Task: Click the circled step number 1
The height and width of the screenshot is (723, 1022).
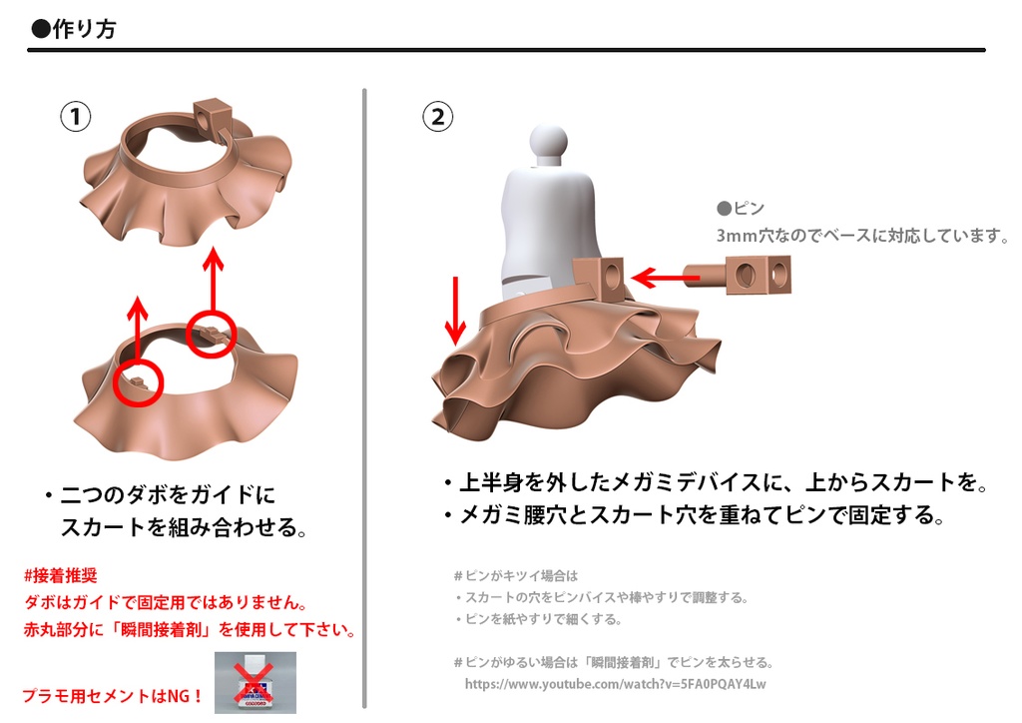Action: tap(76, 117)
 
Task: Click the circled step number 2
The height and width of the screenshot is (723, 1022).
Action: tap(438, 117)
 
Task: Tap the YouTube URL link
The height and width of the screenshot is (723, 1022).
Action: tap(615, 684)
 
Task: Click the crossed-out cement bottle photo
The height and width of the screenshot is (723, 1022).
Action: tap(255, 683)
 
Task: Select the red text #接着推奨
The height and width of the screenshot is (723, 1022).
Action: tap(60, 575)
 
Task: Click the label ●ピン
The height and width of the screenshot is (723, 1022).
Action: tap(741, 208)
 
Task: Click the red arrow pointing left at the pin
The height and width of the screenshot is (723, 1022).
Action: tap(666, 278)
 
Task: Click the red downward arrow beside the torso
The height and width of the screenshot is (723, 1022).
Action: tap(455, 312)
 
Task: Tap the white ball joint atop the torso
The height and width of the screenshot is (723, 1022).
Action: tap(548, 142)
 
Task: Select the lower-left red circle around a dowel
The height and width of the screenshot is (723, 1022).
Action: tap(138, 382)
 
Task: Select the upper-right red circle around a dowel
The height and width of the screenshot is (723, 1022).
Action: tap(211, 335)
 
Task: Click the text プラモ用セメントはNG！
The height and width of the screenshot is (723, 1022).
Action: tap(112, 696)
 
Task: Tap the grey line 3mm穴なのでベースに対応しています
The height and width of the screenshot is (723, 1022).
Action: tap(862, 236)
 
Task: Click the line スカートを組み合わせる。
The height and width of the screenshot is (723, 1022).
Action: tap(184, 526)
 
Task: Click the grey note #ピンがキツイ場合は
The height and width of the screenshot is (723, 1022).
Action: tap(516, 575)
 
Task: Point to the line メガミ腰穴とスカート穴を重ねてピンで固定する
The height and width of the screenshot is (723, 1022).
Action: tap(695, 515)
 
